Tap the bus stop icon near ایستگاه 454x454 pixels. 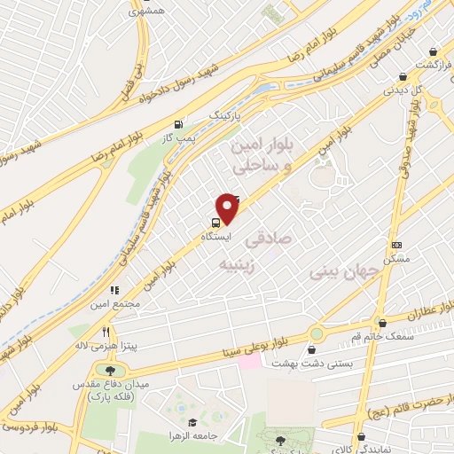coord(216,223)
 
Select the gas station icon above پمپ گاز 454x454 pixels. coord(181,125)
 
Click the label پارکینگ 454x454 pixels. coord(223,115)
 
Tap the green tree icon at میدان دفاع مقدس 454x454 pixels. coord(110,370)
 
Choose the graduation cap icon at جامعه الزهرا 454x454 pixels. coord(193,423)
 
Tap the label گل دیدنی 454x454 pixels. coord(400,89)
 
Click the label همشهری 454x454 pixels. coord(146,12)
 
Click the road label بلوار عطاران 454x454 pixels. coord(417,313)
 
